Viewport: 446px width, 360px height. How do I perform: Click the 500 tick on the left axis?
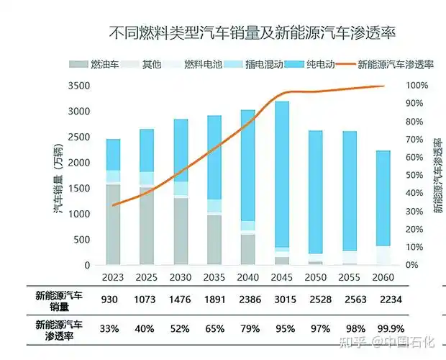tap(83, 240)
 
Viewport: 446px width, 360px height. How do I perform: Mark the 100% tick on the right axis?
tap(417, 86)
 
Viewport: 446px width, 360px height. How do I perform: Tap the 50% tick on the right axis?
tap(414, 175)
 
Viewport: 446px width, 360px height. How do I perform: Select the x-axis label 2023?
tap(113, 278)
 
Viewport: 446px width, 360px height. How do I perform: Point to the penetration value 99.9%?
tap(384, 328)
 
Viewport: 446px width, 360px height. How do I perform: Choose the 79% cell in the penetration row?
tap(247, 328)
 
